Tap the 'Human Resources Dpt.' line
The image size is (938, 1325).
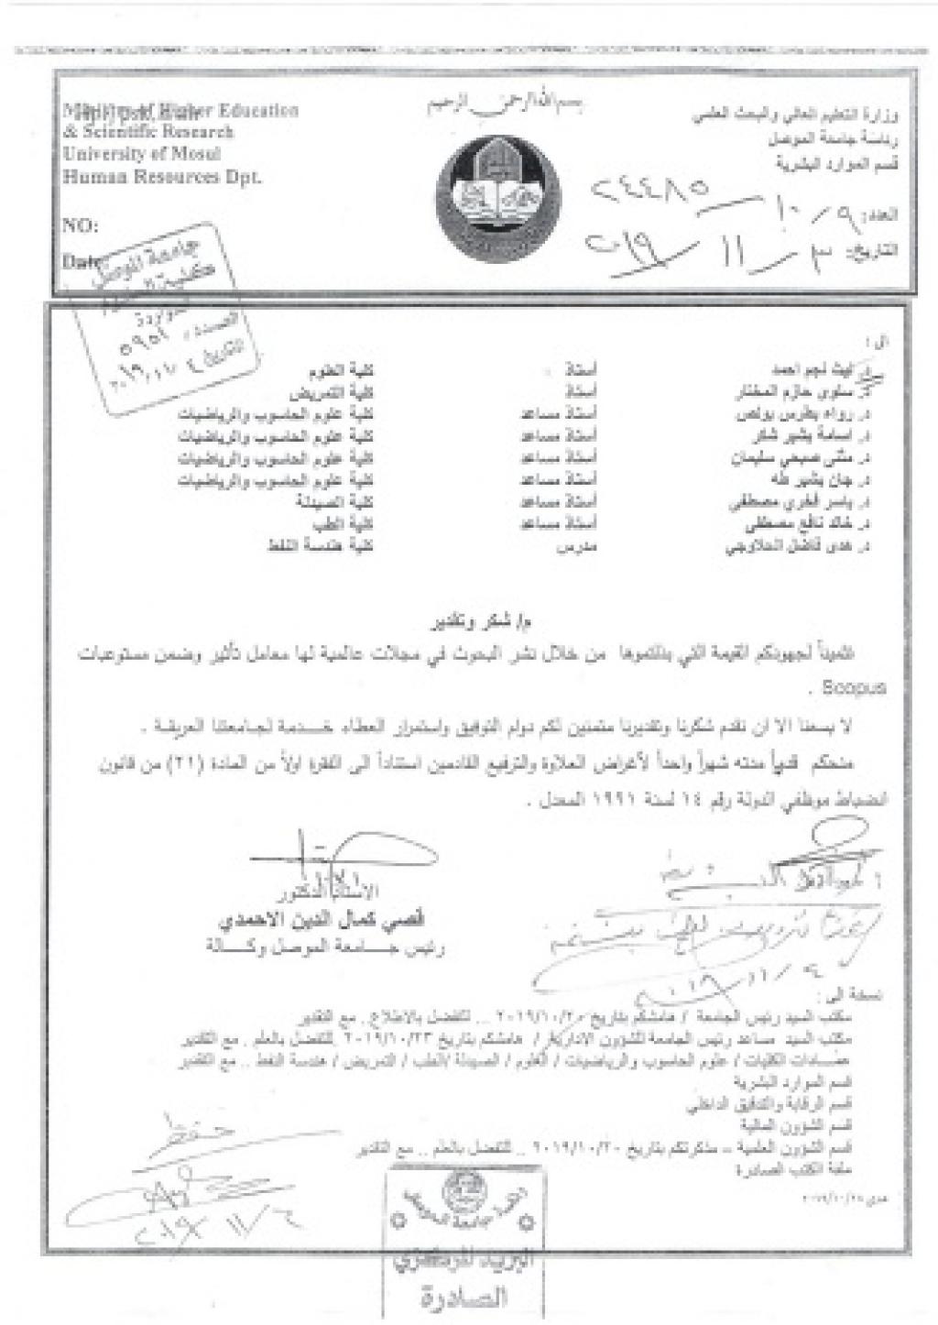click(161, 177)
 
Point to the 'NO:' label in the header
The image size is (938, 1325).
click(80, 225)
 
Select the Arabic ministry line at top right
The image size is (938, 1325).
click(793, 116)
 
